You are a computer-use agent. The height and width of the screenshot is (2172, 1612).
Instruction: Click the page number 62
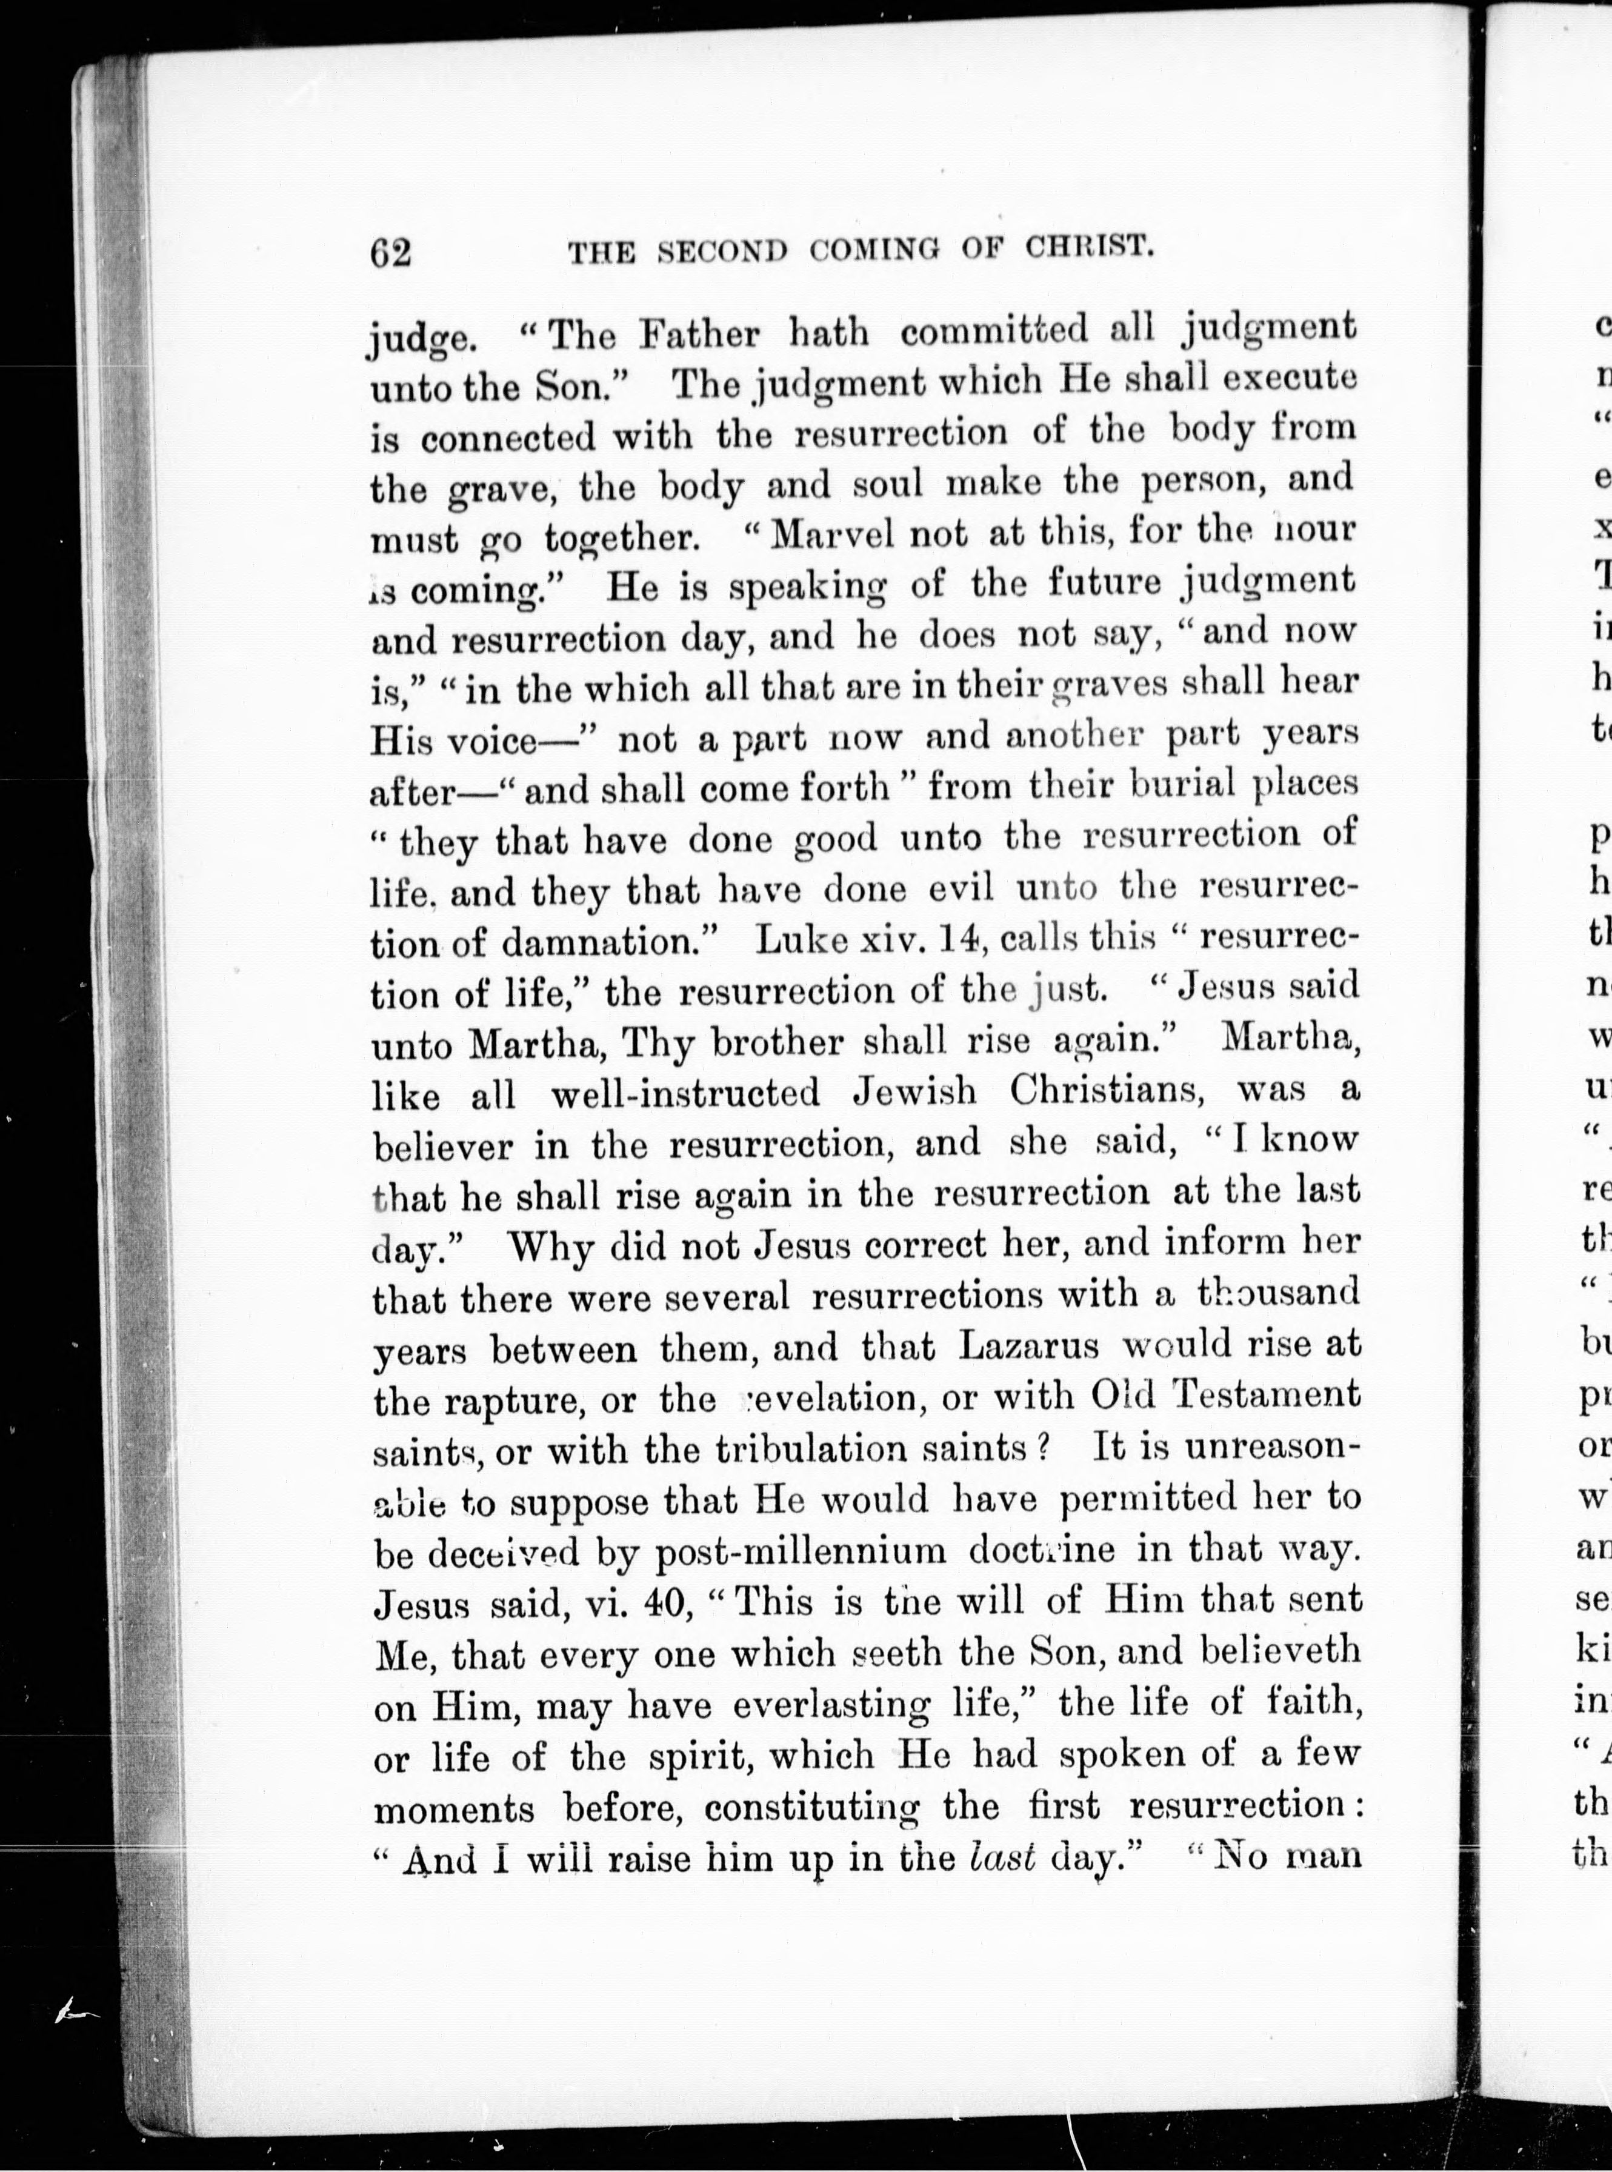coord(390,253)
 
